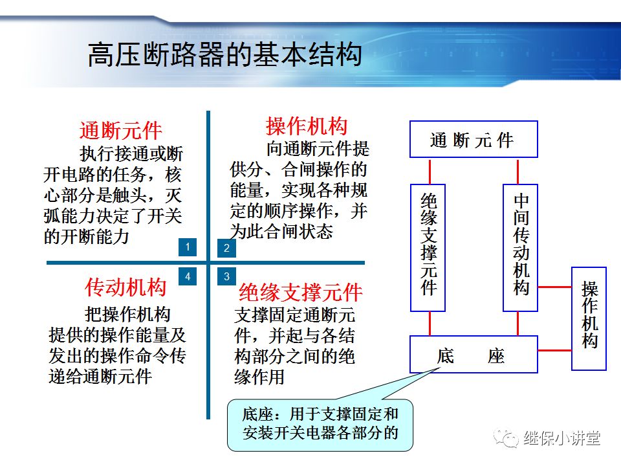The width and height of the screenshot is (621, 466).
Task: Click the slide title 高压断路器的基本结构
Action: (224, 56)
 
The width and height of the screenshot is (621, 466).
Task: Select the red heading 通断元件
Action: (120, 130)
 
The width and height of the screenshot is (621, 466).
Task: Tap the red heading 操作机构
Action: (307, 126)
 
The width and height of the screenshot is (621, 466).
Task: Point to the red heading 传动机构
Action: (125, 287)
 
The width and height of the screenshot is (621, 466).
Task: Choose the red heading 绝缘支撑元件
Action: (301, 292)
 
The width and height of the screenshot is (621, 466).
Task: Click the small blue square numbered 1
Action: (188, 247)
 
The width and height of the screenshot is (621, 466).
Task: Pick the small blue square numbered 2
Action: (226, 247)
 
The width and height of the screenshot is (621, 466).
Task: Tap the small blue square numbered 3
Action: (226, 276)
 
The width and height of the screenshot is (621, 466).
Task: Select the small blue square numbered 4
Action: (188, 276)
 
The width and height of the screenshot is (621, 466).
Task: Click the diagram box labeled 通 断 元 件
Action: (474, 139)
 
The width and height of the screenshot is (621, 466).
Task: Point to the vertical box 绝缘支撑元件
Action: (428, 248)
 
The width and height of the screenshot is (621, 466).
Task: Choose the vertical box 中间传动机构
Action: (521, 248)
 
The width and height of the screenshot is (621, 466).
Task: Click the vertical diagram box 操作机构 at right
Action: (589, 318)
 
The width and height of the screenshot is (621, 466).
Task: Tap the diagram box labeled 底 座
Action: (474, 354)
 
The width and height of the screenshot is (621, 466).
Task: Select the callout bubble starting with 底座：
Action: (320, 424)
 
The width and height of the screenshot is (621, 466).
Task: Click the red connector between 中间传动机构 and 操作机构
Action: (554, 286)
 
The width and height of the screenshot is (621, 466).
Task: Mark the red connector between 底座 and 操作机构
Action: (554, 351)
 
